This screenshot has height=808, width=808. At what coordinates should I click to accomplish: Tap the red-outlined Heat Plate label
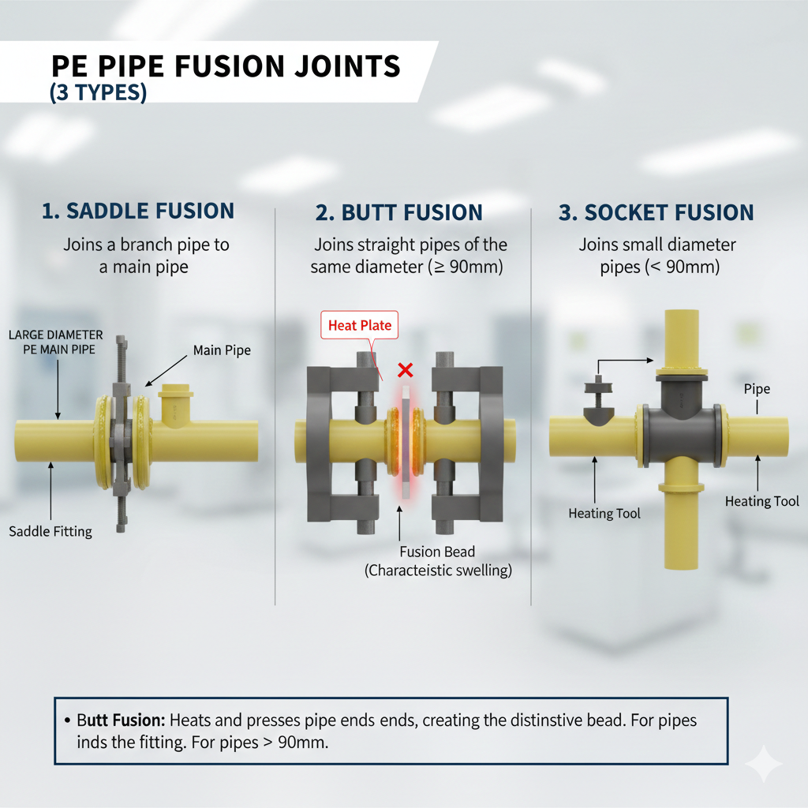[360, 325]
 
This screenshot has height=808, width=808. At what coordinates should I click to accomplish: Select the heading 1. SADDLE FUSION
[138, 211]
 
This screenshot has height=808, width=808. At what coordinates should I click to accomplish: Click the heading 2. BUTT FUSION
[399, 213]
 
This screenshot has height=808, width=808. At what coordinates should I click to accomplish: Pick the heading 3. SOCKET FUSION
[656, 213]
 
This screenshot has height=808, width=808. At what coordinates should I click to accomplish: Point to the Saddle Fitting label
[50, 531]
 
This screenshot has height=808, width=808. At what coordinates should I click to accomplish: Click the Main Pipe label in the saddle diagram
[222, 350]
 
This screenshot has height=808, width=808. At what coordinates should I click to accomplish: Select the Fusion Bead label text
[437, 552]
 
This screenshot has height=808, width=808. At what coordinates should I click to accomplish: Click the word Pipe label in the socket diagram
[757, 389]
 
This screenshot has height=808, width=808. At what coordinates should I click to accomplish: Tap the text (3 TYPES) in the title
[98, 92]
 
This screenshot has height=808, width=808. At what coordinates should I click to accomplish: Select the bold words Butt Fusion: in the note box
[121, 720]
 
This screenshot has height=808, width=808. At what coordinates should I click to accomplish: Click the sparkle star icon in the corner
[763, 764]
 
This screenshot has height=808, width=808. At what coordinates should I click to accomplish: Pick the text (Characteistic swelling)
[438, 570]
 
